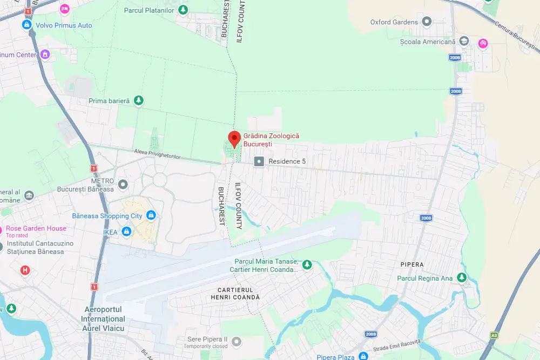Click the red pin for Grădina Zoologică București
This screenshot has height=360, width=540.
[x=234, y=139]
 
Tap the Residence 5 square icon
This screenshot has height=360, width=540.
[x=260, y=161]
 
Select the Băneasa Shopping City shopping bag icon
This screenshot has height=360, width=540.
[x=151, y=216]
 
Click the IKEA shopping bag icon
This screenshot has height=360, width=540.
[x=126, y=232]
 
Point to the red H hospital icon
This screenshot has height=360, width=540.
[x=25, y=270]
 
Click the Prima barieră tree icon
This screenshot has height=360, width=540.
[x=139, y=100]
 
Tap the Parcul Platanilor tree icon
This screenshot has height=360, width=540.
[x=184, y=10]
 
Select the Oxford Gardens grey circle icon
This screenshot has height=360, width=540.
[x=427, y=22]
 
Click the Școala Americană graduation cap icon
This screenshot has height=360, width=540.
[x=464, y=42]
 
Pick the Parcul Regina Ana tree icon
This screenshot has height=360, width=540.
[x=462, y=278]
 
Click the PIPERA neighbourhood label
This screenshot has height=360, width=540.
[x=412, y=264]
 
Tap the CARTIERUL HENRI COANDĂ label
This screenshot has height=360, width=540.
[x=235, y=294]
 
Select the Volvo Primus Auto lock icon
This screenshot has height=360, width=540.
[x=26, y=25]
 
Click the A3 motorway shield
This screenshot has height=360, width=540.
[x=494, y=335]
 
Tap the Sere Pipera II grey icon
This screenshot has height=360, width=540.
[x=236, y=342]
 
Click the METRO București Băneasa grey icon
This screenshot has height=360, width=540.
[x=123, y=185]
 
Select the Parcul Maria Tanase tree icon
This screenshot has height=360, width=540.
[x=307, y=264]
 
